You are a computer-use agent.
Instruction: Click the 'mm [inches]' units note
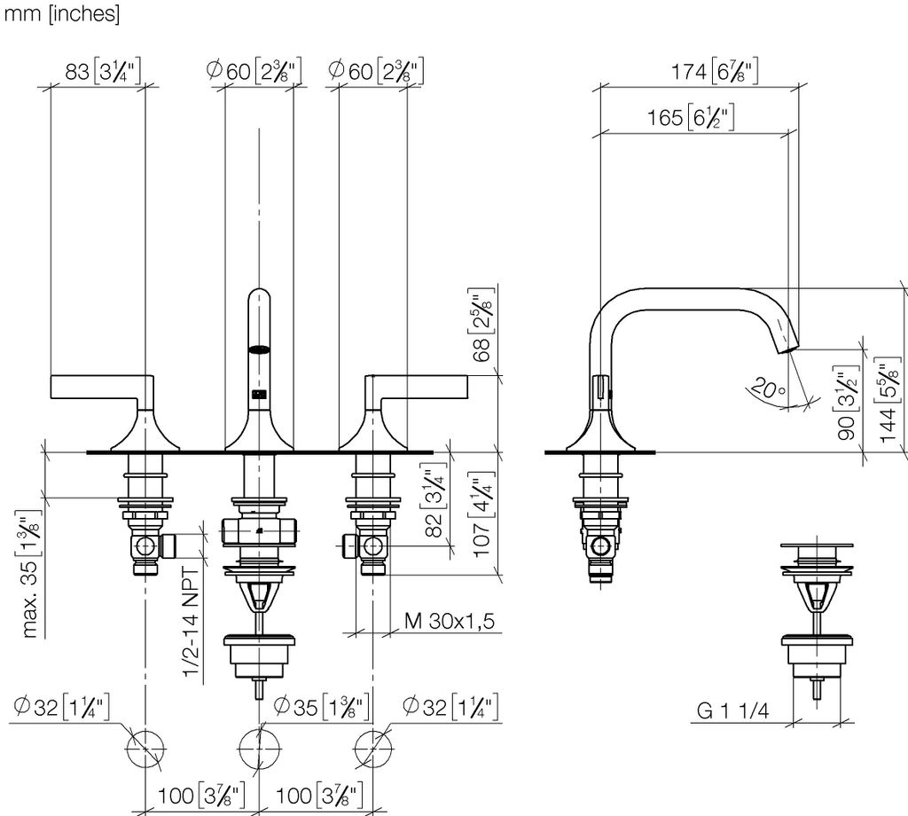tap(62, 13)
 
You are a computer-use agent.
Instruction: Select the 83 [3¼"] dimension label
tap(103, 71)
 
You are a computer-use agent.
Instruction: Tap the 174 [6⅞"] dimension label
tap(714, 72)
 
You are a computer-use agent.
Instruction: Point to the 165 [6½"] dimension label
tap(690, 118)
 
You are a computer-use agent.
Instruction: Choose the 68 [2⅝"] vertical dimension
tap(481, 325)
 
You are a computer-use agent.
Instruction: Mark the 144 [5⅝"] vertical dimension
tap(888, 400)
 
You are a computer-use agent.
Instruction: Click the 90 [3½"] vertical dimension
tap(847, 402)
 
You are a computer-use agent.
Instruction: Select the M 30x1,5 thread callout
tap(450, 621)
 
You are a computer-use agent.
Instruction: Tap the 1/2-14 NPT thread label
tap(192, 622)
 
